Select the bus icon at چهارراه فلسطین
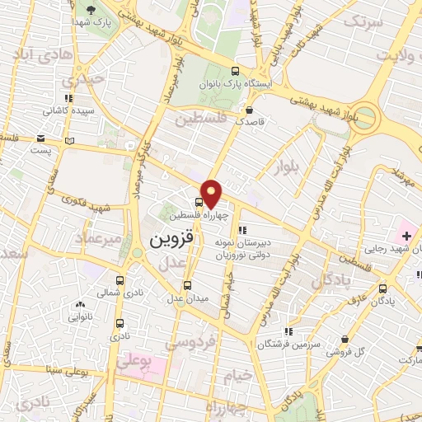199,201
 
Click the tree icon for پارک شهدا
89,10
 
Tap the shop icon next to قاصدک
248,109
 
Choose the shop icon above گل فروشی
344,339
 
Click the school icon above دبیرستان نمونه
241,230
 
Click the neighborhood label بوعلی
134,362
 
